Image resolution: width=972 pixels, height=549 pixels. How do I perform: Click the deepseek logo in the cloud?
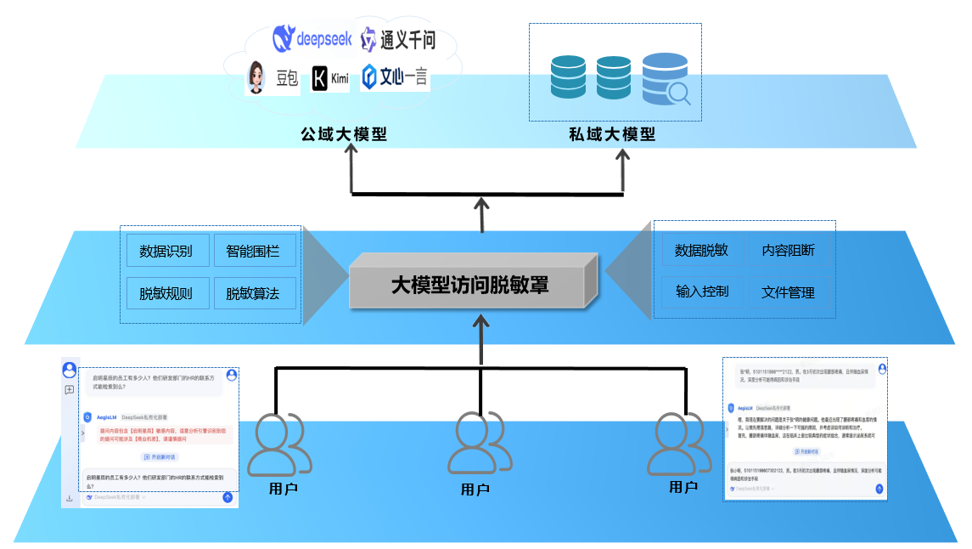[309, 38]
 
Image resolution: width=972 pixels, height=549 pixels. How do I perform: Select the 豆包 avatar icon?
[256, 78]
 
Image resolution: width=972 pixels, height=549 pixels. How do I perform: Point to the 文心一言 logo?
[395, 77]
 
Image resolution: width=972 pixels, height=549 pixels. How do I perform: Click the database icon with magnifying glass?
[666, 79]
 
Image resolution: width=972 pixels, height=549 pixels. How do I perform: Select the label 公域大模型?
[344, 134]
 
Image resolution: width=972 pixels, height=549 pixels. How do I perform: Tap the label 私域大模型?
[612, 134]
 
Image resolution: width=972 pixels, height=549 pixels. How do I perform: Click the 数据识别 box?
[166, 251]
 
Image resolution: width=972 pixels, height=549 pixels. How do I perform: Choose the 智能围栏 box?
[254, 251]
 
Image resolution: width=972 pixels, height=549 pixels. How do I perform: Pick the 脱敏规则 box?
[166, 294]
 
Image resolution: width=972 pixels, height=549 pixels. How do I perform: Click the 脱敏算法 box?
[254, 294]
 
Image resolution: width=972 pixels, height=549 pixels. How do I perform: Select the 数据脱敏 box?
[701, 250]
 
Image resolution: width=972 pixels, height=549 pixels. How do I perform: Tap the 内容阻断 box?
[788, 250]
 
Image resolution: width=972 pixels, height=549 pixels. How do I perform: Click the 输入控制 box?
[701, 291]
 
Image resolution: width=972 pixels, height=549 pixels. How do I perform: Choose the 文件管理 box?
[788, 291]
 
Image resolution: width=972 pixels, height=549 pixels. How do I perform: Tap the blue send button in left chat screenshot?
[228, 497]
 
